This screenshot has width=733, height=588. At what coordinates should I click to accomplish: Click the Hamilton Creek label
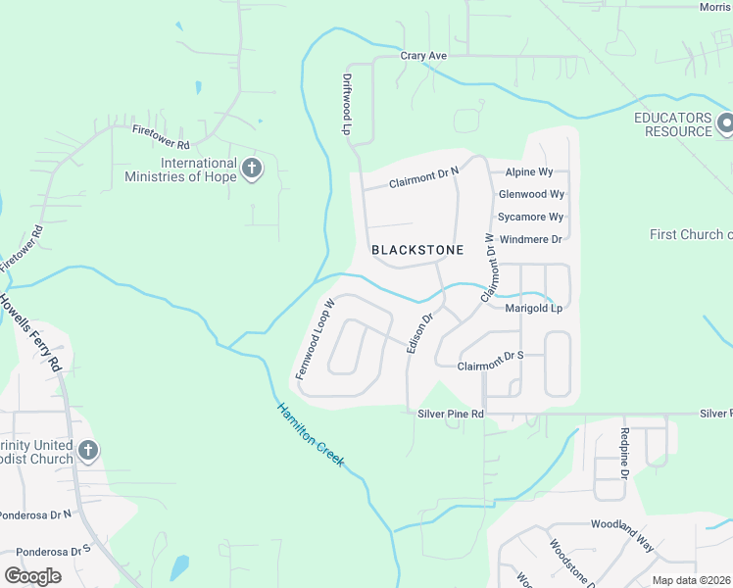310,434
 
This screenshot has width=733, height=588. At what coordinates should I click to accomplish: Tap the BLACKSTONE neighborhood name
417,251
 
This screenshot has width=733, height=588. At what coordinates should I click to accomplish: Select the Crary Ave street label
423,56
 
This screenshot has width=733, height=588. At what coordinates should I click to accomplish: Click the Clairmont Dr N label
423,177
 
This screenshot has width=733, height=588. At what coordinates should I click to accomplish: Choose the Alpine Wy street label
529,172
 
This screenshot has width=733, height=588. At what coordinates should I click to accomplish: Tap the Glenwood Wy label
531,195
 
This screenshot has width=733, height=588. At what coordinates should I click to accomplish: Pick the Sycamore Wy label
530,218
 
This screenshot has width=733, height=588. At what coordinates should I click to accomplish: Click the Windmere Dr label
530,239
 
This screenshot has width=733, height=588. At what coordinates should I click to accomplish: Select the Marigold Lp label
533,309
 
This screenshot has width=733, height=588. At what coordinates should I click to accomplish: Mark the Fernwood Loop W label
316,340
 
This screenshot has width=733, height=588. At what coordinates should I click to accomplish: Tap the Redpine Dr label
624,453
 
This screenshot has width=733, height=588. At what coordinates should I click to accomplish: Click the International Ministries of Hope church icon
252,169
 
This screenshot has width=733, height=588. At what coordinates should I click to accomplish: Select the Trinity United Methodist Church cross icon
88,451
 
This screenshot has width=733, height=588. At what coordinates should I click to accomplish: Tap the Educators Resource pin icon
726,123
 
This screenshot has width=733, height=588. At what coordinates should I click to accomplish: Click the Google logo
32,576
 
